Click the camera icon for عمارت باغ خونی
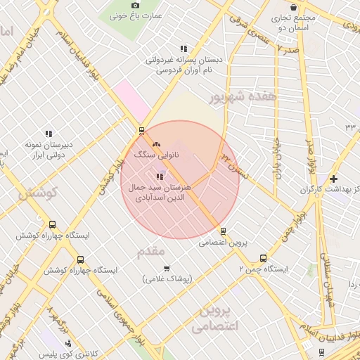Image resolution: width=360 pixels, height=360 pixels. pyautogui.click(x=136, y=5)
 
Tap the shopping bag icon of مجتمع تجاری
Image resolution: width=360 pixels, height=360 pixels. pyautogui.click(x=302, y=7)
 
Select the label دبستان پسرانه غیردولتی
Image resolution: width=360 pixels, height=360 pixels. pyautogui.click(x=184, y=60)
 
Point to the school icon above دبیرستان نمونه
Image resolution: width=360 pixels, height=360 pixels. pyautogui.click(x=49, y=133)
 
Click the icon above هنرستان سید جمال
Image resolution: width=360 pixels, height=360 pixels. pyautogui.click(x=160, y=176)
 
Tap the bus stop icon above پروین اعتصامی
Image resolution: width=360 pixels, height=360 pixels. pyautogui.click(x=224, y=231)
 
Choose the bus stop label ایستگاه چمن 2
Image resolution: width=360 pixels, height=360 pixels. pyautogui.click(x=264, y=269)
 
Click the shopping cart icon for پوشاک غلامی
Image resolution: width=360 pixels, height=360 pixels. pyautogui.click(x=167, y=268)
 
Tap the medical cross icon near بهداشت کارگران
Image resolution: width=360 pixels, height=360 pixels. pyautogui.click(x=333, y=179)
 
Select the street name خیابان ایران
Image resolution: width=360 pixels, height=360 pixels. pyautogui.click(x=278, y=159)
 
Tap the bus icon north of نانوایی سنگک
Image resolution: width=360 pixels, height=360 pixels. pyautogui.click(x=142, y=130)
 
